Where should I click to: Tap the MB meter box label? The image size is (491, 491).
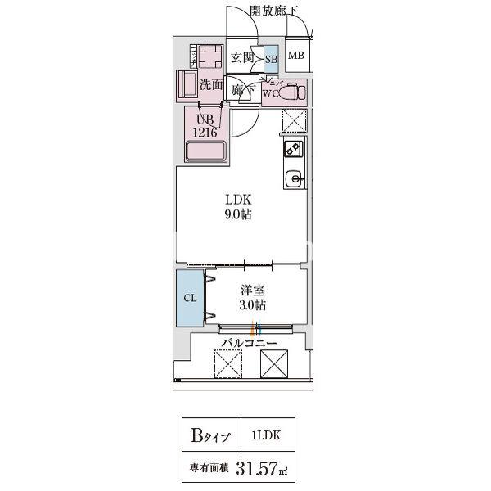[295, 56]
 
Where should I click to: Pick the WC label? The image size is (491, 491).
[270, 92]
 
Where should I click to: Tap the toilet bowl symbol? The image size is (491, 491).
[291, 92]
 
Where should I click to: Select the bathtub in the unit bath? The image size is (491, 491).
[206, 151]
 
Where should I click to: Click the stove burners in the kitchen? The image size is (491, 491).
[293, 149]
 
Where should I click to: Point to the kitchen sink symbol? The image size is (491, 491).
[293, 178]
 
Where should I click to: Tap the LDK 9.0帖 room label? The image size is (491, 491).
[239, 207]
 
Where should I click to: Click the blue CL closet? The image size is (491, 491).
[189, 298]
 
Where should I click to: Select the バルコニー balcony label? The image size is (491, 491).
[249, 343]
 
